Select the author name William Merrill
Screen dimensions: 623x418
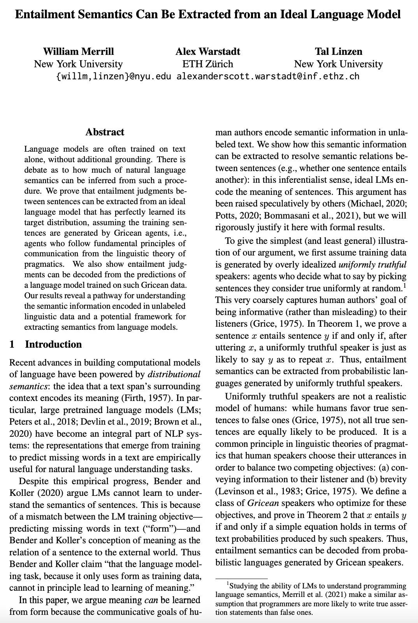[x=78, y=51]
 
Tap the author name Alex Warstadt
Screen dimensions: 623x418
[x=207, y=51]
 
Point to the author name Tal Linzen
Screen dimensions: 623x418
[x=338, y=51]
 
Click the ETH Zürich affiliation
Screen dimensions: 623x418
[x=207, y=64]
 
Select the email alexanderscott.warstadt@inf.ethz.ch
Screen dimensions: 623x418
[x=268, y=76]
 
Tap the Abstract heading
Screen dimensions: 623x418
[x=105, y=132]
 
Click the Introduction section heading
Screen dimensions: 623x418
[x=53, y=345]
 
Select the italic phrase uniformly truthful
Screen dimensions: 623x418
[x=372, y=264]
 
